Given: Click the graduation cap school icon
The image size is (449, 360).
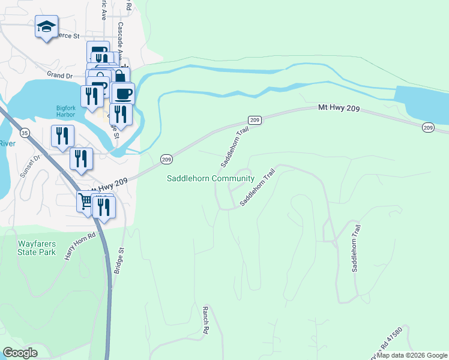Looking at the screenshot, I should coord(46,27).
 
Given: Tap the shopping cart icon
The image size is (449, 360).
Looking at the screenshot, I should coord(86,203).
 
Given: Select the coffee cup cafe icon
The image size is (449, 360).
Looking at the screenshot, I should coord(123,94).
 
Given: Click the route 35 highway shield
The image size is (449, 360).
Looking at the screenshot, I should coord(25,132).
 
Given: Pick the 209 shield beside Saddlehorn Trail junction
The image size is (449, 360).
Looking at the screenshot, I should coord(255,120).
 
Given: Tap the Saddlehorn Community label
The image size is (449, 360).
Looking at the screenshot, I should coord(210,179).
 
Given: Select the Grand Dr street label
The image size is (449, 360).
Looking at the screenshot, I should coord(60,76).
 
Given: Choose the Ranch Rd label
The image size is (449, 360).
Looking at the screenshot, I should coord(205,319).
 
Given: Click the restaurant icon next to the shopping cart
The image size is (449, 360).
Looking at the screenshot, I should coord(106,207).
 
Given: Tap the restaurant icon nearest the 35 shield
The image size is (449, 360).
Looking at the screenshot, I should coord(62,136).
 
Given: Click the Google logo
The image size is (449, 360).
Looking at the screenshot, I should coord(20,353).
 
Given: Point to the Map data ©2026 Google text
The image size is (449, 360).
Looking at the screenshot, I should coord(412,355).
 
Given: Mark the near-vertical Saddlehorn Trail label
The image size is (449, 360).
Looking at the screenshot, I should coord(356,248).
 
